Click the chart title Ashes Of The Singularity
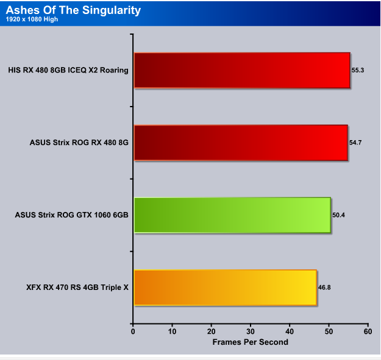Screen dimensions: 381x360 [x=73, y=10]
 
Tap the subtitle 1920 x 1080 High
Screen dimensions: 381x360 [x=32, y=19]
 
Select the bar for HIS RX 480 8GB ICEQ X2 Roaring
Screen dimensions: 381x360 [x=242, y=70]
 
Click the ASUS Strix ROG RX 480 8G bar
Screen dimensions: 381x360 [x=241, y=143]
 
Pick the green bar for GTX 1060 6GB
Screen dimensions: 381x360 [x=232, y=215]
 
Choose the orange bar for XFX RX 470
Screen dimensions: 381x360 [x=225, y=288]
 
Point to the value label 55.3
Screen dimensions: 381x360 [x=358, y=70]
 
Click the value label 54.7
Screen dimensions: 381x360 [x=355, y=143]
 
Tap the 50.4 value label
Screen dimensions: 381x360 [x=338, y=215]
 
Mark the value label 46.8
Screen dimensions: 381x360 [x=324, y=288]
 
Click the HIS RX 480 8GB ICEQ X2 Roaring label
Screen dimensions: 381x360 [x=68, y=70]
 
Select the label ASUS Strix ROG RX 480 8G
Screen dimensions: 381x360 [x=79, y=143]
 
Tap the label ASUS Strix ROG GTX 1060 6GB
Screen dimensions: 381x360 [x=72, y=215]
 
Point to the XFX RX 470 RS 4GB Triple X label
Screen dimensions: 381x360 [x=77, y=288]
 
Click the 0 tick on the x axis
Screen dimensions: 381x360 [x=133, y=331]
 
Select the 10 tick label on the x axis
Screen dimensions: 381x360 [x=172, y=331]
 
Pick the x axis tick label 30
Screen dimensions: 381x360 [x=251, y=331]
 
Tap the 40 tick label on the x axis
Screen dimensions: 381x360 [x=290, y=331]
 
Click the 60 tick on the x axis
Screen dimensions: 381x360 [x=368, y=331]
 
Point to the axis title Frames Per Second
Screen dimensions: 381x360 [x=251, y=342]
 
